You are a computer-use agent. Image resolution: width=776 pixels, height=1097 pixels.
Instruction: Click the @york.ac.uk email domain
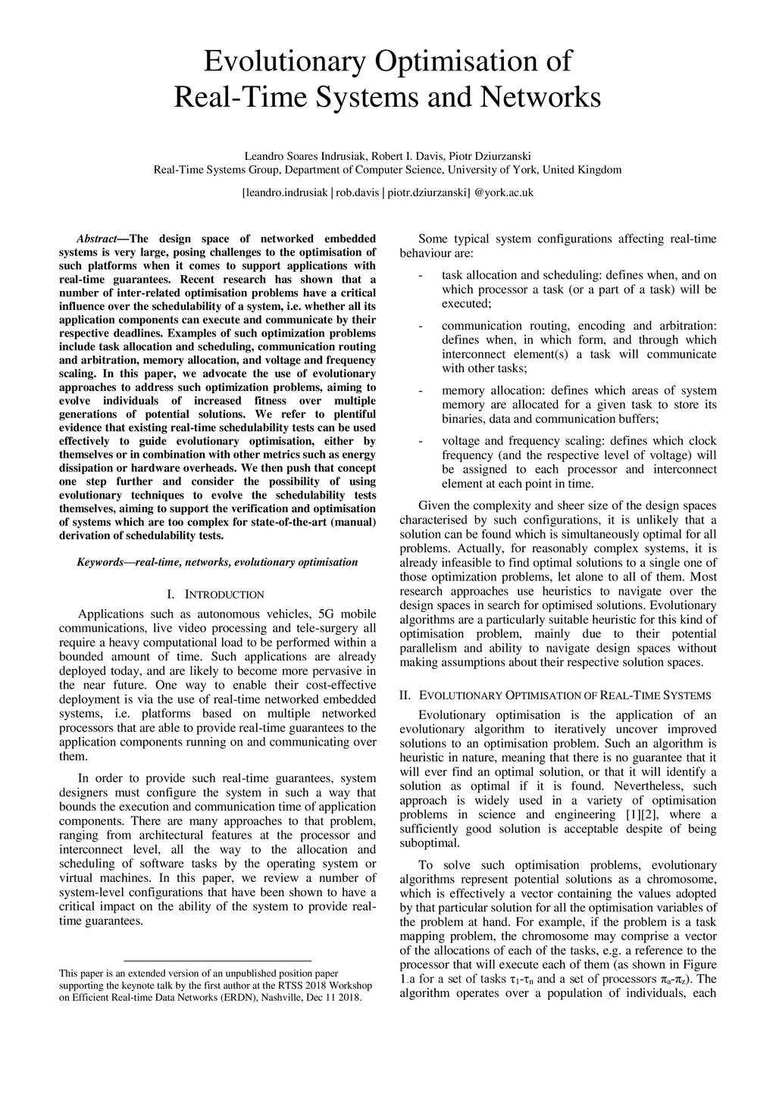[504, 192]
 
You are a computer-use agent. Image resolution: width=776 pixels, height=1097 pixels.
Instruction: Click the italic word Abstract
[96, 239]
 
